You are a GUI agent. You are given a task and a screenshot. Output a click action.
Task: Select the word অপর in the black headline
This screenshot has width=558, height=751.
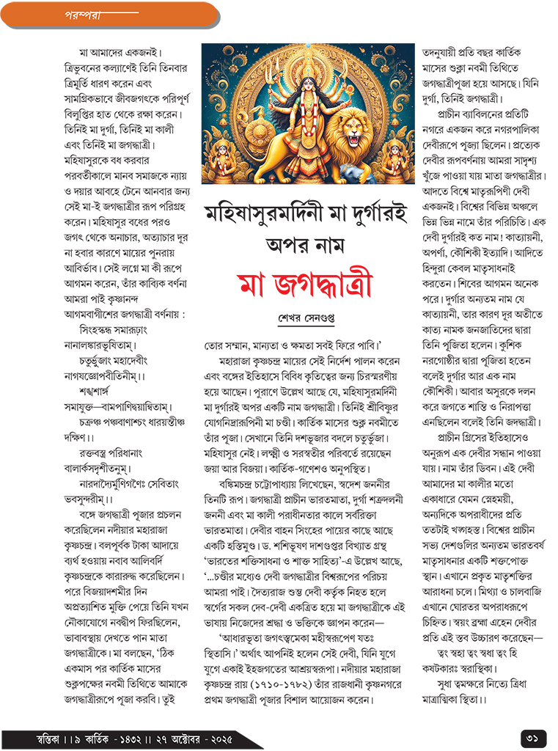284,245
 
